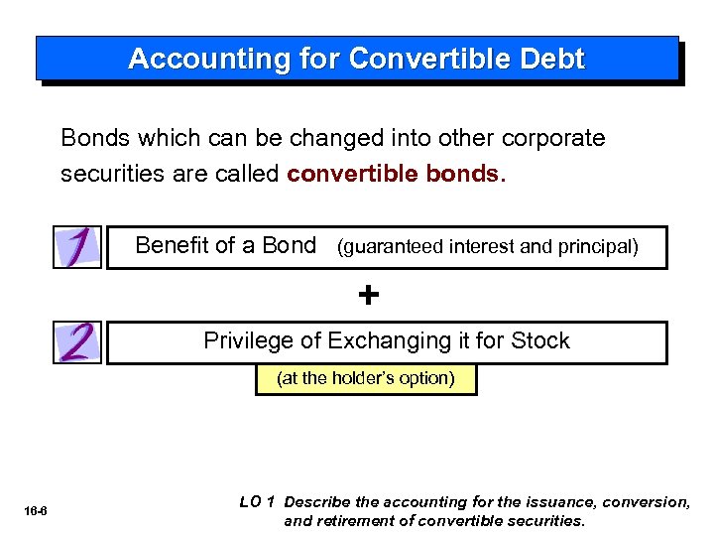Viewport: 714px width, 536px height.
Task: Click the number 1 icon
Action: pyautogui.click(x=78, y=246)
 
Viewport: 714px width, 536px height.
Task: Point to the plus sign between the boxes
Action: pyautogui.click(x=368, y=295)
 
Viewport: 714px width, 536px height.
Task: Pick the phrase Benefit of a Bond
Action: pyautogui.click(x=225, y=245)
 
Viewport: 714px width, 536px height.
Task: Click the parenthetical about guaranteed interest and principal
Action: pyautogui.click(x=487, y=246)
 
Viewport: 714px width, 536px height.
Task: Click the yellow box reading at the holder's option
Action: pyautogui.click(x=366, y=378)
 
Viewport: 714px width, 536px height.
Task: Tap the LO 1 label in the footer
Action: pyautogui.click(x=258, y=502)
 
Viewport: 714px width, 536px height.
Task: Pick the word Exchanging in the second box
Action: pyautogui.click(x=390, y=340)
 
